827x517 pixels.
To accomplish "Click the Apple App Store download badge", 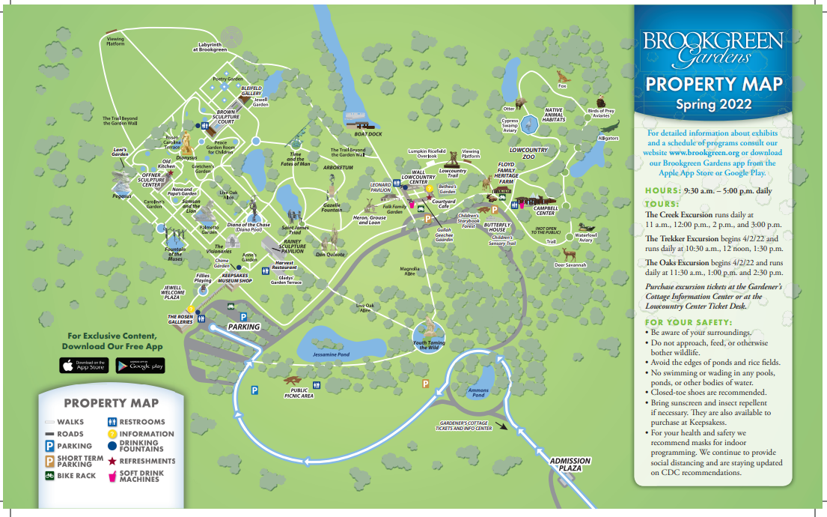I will (83, 366).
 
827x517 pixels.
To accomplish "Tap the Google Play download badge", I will (139, 366).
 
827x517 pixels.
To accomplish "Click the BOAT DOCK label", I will (368, 134).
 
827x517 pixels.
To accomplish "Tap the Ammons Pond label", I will (478, 393).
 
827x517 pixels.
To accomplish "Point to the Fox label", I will (563, 85).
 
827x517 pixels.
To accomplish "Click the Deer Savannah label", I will (570, 265).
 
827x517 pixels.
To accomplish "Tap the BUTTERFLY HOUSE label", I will (497, 227).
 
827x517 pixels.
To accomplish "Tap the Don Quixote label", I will (330, 255).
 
